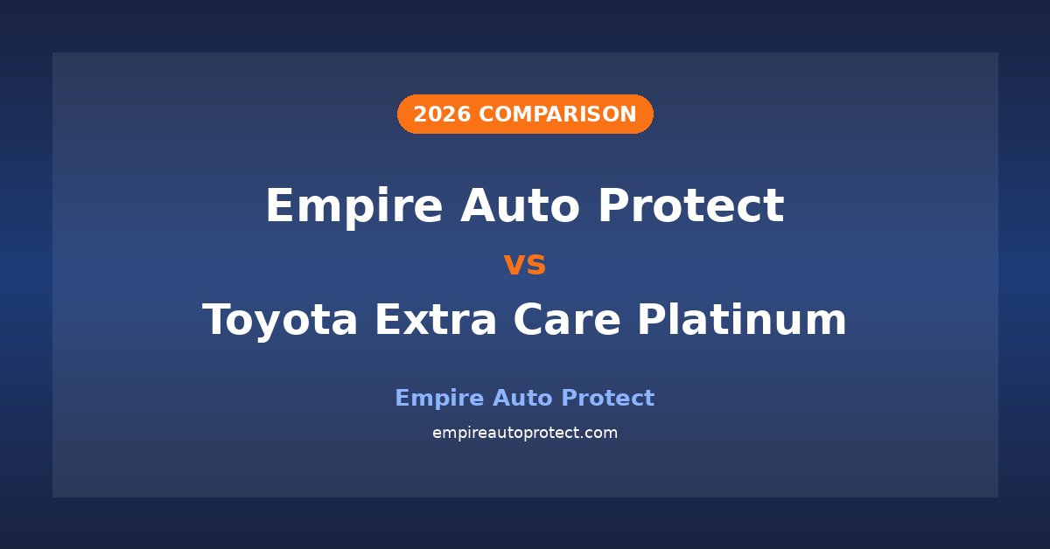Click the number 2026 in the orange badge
[x=442, y=115]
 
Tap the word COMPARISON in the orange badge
[x=557, y=115]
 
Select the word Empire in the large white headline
[x=354, y=206]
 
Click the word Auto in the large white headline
[x=520, y=205]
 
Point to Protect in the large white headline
[x=691, y=205]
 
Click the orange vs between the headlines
[x=525, y=264]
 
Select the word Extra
[x=436, y=319]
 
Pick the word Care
[x=567, y=319]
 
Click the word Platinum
[x=742, y=318]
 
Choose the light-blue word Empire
[x=439, y=399]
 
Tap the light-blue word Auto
[x=522, y=398]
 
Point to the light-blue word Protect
[x=607, y=398]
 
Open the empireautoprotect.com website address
[x=525, y=433]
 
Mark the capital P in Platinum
[x=653, y=319]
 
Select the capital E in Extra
[x=389, y=319]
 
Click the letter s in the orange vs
[x=536, y=265]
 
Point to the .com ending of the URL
[x=601, y=434]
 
